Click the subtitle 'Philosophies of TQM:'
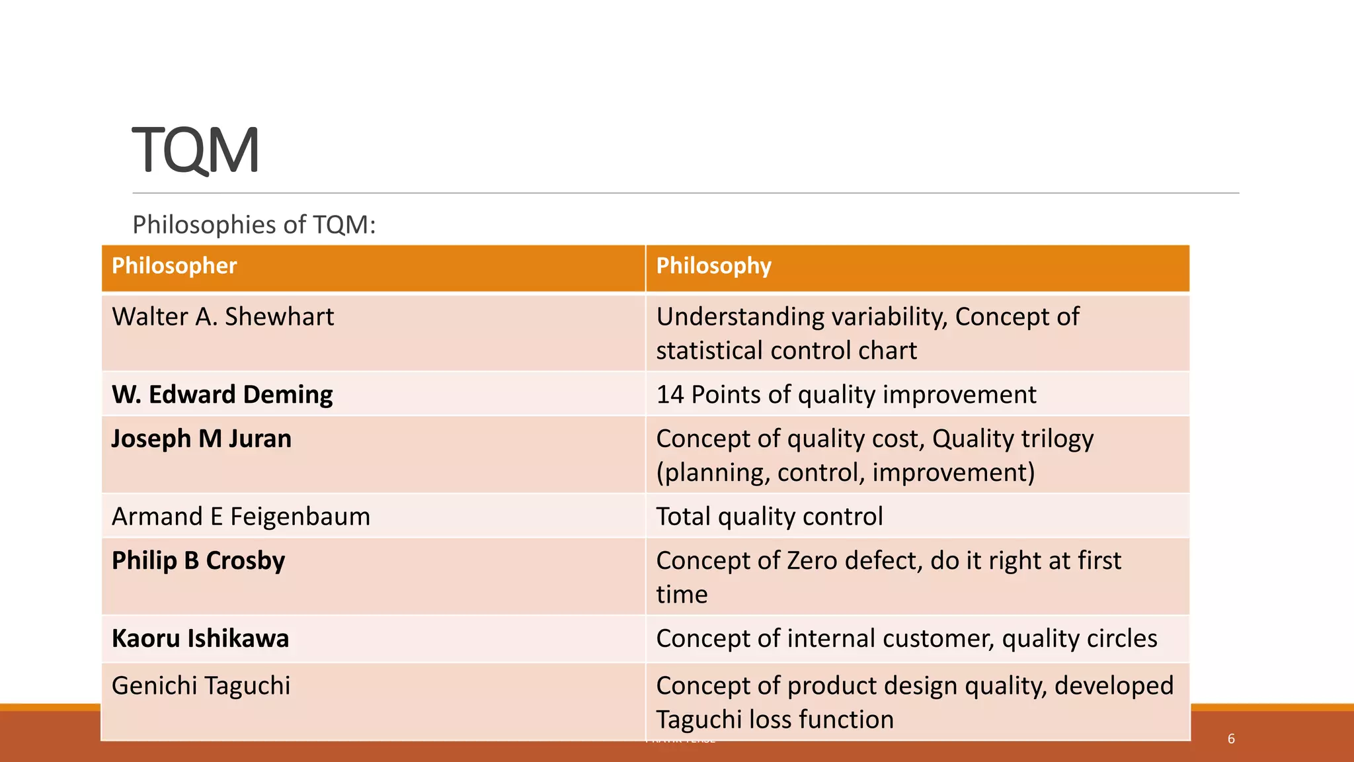coord(254,225)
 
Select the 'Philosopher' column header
coord(174,266)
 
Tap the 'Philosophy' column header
coord(713,266)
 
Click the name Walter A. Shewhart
coord(223,317)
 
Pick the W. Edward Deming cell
coord(222,395)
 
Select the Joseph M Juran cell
coord(201,439)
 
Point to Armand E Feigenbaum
coord(241,517)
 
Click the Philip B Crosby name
coord(198,561)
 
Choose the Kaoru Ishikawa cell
coord(200,639)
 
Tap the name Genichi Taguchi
coord(201,686)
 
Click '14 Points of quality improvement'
coord(846,395)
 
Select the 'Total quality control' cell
coord(769,517)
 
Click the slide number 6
coord(1231,739)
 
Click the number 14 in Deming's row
coord(670,395)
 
